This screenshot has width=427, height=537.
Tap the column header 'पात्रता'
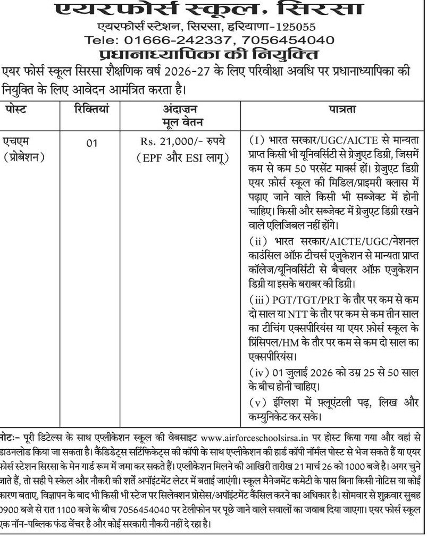point(335,110)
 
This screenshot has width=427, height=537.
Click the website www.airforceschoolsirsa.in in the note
point(255,438)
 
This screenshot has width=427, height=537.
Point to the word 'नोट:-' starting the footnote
point(10,438)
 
